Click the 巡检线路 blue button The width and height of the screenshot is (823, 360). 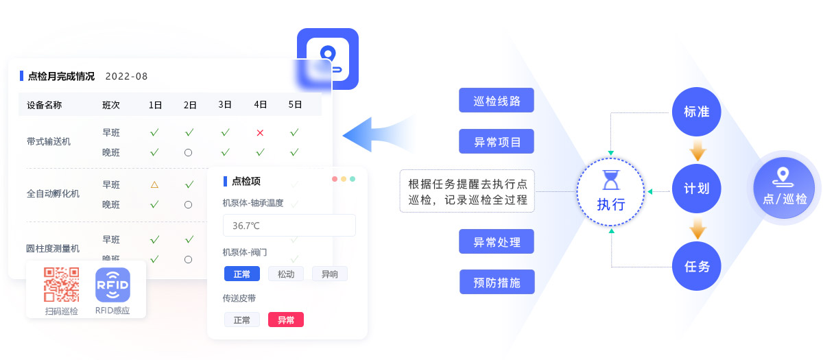tap(497, 101)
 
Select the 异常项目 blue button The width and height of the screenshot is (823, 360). tap(497, 142)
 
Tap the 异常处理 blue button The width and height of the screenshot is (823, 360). tap(497, 242)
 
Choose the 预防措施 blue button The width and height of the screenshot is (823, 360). tap(497, 283)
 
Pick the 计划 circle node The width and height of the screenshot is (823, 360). tap(697, 189)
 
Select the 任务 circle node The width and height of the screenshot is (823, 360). tap(697, 266)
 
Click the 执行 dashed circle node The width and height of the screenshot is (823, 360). tap(610, 191)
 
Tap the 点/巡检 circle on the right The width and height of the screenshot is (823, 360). tap(784, 188)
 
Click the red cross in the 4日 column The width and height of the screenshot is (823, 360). tap(260, 132)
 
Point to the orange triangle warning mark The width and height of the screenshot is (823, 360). tap(154, 184)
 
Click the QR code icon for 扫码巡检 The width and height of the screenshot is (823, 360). tap(61, 285)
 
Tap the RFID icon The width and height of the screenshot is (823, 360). tap(112, 285)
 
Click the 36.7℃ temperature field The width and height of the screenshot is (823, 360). tap(289, 226)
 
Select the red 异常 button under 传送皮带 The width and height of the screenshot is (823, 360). tap(285, 320)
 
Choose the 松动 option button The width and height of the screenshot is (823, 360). tap(285, 274)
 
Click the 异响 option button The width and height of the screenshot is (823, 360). tap(329, 274)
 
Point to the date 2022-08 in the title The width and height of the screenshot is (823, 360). tap(126, 76)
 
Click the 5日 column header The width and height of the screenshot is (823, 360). tap(295, 105)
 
